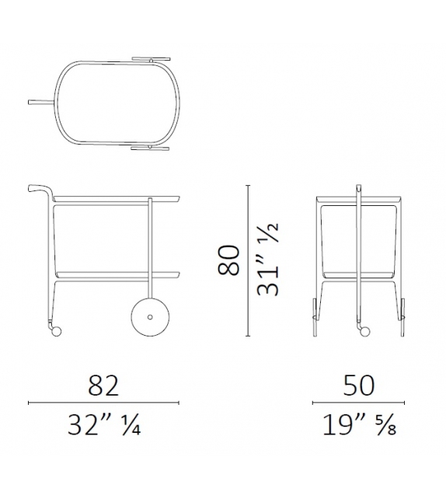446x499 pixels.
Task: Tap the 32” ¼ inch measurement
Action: pos(103,425)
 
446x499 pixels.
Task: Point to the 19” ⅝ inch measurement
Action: pos(359,425)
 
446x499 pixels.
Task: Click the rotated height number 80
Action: pos(228,260)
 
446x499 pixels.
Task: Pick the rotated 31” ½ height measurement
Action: pos(268,260)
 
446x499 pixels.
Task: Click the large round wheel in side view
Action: pos(150,316)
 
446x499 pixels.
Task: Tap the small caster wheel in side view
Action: pos(55,331)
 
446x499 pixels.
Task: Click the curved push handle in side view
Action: pos(40,190)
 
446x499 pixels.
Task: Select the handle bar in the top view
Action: pos(41,102)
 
